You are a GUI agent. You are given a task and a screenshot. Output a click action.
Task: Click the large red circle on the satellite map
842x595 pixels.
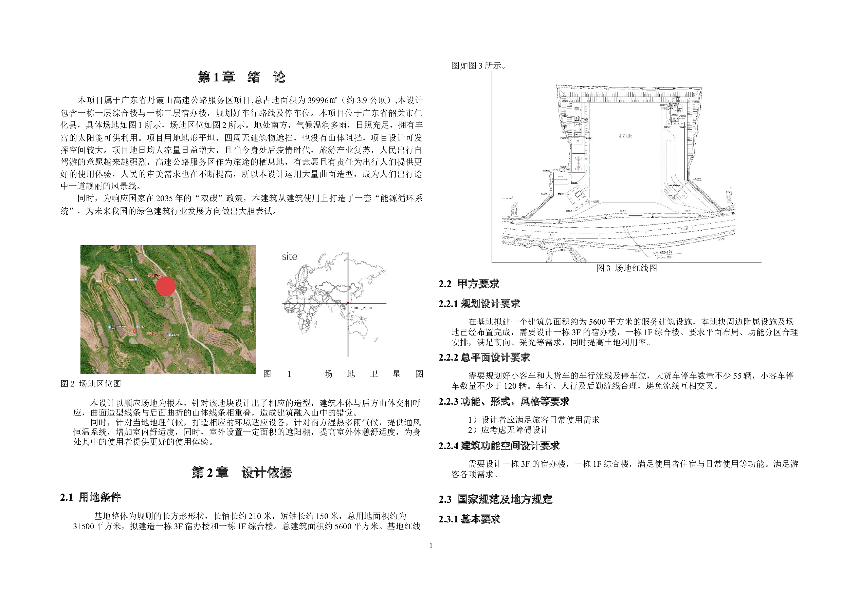166,287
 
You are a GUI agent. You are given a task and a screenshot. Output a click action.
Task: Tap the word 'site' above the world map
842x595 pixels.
289,256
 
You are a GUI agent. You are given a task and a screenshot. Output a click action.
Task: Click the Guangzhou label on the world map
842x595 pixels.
362,307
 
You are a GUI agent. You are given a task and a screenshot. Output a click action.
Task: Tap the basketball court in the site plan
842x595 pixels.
579,164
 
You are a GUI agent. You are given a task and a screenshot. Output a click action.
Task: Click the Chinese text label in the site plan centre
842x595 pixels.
625,136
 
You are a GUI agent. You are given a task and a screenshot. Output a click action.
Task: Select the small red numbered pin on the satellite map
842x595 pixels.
134,331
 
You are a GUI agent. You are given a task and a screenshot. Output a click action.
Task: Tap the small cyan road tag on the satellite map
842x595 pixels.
99,281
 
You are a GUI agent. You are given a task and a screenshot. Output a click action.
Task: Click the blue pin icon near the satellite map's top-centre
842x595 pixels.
136,280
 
